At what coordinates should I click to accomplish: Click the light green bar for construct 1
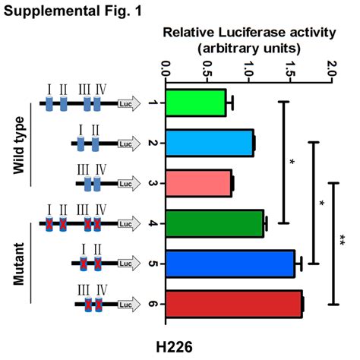(x=196, y=103)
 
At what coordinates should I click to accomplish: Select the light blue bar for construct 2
(x=210, y=143)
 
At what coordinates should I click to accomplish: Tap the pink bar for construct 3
(x=199, y=183)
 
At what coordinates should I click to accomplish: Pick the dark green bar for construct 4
(x=215, y=223)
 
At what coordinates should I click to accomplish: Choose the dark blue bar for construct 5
(x=230, y=264)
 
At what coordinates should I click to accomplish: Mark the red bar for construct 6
(x=234, y=304)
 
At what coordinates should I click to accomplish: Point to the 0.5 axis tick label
(x=207, y=68)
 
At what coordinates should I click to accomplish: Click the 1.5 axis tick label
(x=290, y=68)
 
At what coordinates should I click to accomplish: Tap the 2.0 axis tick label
(x=332, y=68)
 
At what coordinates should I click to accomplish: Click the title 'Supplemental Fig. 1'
(x=73, y=11)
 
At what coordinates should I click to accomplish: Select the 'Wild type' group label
(x=19, y=145)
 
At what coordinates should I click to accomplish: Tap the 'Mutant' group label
(x=19, y=264)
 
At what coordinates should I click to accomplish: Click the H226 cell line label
(x=174, y=346)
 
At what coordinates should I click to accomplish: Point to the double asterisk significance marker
(x=342, y=240)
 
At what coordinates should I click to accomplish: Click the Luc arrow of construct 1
(x=129, y=103)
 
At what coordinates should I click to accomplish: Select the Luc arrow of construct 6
(x=129, y=305)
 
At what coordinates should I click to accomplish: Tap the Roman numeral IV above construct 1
(x=101, y=90)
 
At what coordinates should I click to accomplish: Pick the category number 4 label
(x=152, y=224)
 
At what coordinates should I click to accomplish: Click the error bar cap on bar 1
(x=232, y=103)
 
